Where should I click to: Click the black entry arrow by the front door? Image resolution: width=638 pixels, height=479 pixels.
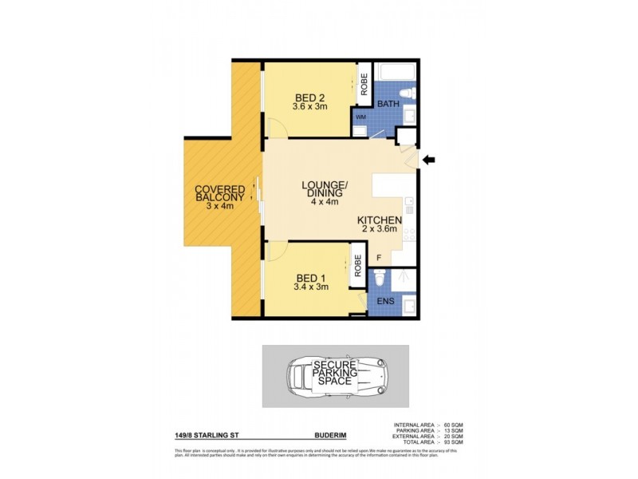tap(428, 160)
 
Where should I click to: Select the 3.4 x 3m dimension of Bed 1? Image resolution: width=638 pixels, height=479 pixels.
tap(311, 287)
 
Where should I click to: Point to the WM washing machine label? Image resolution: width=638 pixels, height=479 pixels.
tap(360, 117)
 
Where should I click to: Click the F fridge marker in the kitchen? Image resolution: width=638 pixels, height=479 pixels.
tap(379, 257)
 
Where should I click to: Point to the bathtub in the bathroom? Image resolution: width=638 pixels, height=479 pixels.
tap(395, 71)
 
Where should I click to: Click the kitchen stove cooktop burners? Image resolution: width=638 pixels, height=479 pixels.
tap(409, 235)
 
